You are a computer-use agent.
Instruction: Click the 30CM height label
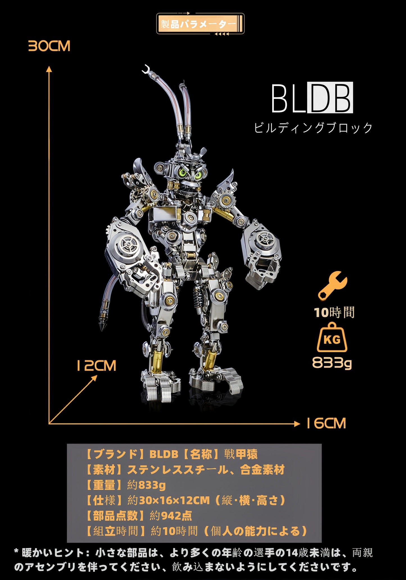click(49, 46)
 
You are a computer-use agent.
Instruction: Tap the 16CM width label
click(326, 423)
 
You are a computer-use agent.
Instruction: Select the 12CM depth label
click(96, 366)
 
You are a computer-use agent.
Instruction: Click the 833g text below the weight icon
click(332, 363)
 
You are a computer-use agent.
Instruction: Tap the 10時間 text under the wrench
click(334, 312)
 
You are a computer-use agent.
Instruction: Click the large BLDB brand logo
click(312, 98)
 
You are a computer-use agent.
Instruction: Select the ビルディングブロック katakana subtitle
click(313, 128)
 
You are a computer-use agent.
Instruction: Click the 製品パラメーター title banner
click(200, 24)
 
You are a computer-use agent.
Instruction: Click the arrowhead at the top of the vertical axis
click(49, 69)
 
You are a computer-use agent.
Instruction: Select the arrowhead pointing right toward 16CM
click(297, 424)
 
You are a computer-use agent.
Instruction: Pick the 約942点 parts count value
click(171, 515)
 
